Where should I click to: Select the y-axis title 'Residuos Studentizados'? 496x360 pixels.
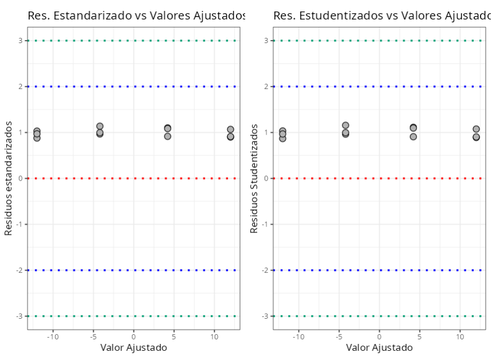pos(254,178)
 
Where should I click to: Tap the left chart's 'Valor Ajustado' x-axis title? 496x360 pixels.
pos(133,347)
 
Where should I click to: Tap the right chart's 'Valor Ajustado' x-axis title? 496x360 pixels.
pos(379,347)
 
